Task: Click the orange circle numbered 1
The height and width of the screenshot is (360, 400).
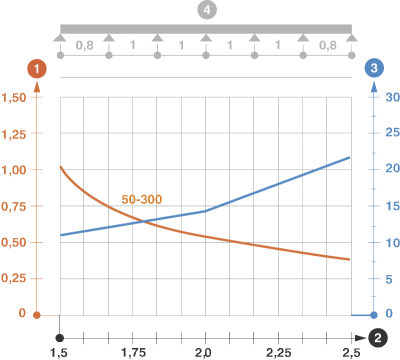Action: [37, 69]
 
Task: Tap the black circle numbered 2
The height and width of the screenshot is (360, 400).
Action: [378, 338]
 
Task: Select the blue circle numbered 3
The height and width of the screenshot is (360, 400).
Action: [374, 68]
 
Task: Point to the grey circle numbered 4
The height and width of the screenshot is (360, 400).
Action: [207, 10]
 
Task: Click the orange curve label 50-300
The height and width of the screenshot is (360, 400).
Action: [142, 199]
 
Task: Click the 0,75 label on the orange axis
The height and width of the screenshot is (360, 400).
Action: [14, 206]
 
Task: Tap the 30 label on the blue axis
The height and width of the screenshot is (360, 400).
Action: [393, 97]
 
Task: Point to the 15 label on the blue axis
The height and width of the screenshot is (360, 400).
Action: [393, 206]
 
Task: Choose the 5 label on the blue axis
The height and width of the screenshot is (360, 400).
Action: [389, 279]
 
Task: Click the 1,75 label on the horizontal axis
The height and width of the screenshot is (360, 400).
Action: [133, 352]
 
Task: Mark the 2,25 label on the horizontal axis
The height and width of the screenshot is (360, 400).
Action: [278, 352]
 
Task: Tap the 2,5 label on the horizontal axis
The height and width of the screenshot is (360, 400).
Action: [351, 352]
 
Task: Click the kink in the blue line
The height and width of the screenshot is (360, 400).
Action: [205, 211]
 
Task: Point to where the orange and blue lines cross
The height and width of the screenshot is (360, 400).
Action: [144, 221]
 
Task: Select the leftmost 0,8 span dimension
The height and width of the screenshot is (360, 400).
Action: [84, 45]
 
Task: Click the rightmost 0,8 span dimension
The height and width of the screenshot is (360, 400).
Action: [328, 45]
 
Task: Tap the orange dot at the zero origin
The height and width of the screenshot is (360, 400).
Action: [37, 315]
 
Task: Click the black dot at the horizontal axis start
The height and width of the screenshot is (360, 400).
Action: [60, 338]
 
